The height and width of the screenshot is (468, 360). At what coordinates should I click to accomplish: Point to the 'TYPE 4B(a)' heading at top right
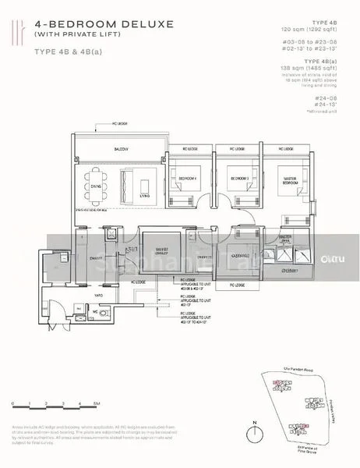(330, 60)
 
